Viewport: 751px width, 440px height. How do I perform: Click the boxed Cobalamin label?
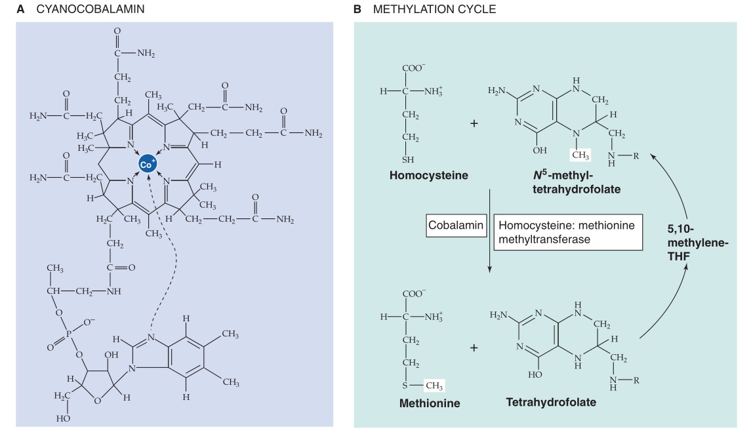pyautogui.click(x=456, y=225)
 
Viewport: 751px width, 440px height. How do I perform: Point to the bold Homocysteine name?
pyautogui.click(x=428, y=176)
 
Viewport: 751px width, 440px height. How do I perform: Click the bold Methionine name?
pyautogui.click(x=430, y=403)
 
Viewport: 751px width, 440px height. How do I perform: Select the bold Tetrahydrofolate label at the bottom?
pyautogui.click(x=551, y=401)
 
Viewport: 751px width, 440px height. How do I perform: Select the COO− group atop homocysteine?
pyautogui.click(x=414, y=69)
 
